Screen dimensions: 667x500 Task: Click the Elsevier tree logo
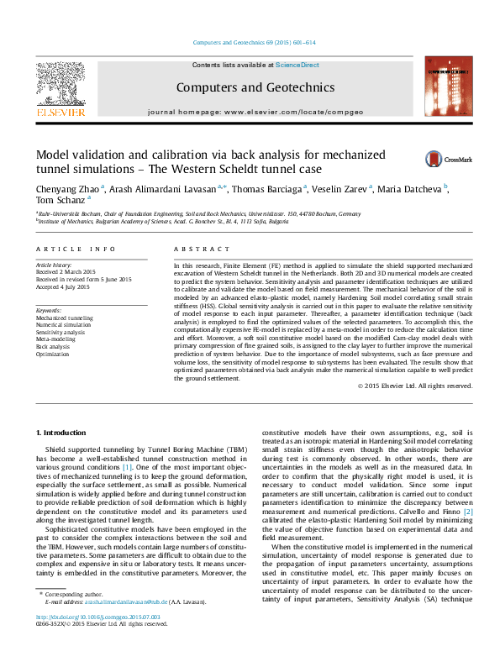click(60, 84)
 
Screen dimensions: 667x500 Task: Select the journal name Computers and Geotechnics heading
click(255, 87)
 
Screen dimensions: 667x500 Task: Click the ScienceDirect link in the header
click(297, 64)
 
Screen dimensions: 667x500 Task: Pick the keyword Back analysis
click(53, 346)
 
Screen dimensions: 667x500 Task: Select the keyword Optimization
click(53, 354)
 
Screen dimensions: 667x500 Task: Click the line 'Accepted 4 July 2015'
click(63, 286)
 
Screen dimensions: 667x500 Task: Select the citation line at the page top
click(254, 42)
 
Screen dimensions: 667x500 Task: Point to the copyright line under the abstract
click(415, 386)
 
